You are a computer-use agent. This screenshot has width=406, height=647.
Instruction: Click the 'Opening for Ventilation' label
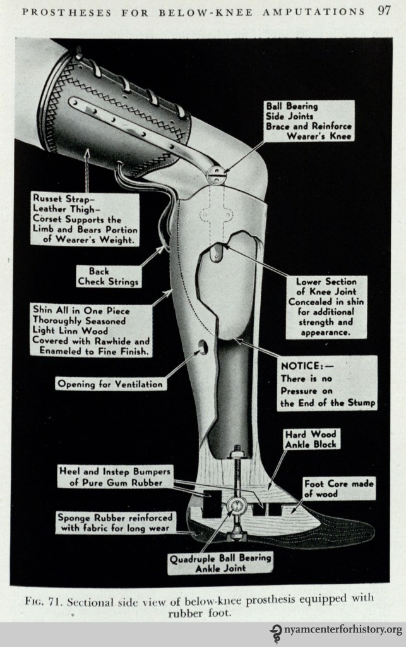point(111,384)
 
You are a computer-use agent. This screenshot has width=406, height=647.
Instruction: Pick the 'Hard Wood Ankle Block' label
point(311,439)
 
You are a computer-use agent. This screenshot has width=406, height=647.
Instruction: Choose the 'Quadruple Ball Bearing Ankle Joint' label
point(220,563)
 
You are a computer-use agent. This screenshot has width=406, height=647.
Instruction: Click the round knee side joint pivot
point(217,174)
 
